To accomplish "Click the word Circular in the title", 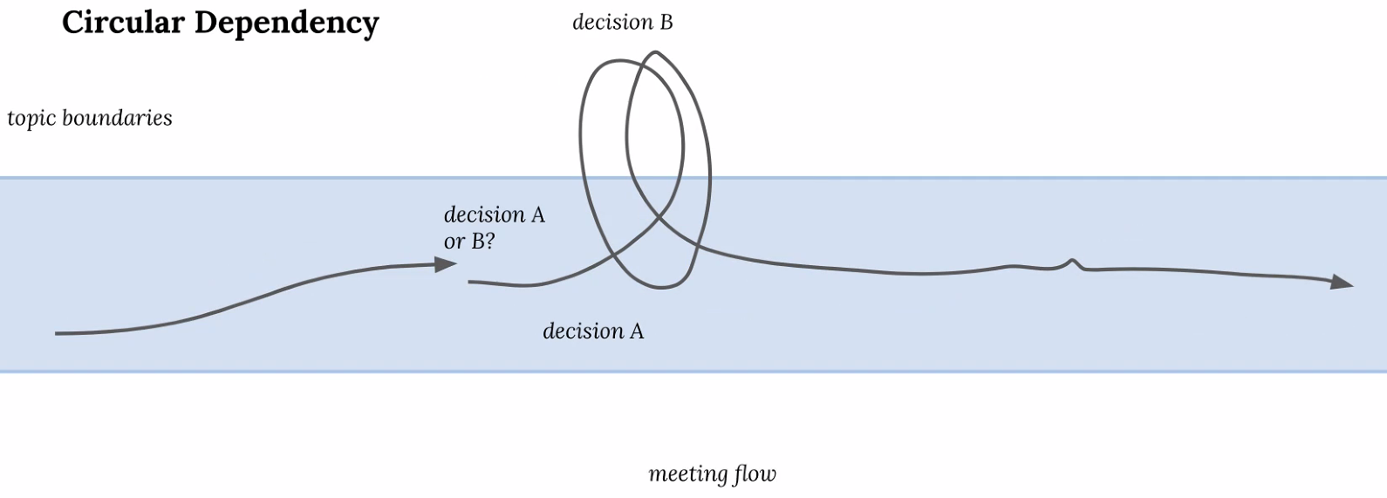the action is [x=123, y=23].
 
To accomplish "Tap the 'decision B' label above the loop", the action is [x=622, y=23].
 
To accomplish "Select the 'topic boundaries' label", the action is [x=90, y=119].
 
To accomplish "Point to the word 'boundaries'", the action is [x=117, y=117].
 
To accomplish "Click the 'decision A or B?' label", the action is [x=494, y=228].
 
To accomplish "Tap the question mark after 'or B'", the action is [x=489, y=241].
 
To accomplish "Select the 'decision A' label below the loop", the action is [x=593, y=331].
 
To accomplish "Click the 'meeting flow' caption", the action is [x=712, y=474].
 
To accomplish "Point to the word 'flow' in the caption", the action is [x=755, y=474].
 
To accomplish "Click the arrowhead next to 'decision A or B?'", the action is [x=445, y=264].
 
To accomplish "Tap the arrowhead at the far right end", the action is [x=1342, y=282].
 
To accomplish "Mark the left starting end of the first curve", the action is [x=56, y=334].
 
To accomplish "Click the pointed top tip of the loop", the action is [x=654, y=52].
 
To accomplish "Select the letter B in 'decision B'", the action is [x=666, y=23].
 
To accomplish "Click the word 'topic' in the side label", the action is [x=31, y=119].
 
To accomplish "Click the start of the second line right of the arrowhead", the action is [x=469, y=282].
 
